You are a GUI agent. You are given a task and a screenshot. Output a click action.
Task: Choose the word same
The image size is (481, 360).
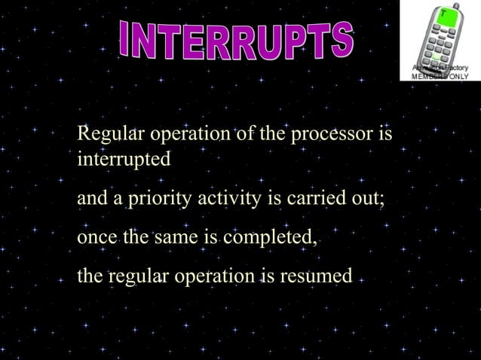click(x=175, y=239)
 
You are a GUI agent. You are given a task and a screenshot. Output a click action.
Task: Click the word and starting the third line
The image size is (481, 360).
click(x=91, y=200)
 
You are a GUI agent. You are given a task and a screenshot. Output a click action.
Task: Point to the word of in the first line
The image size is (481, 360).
click(x=244, y=136)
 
